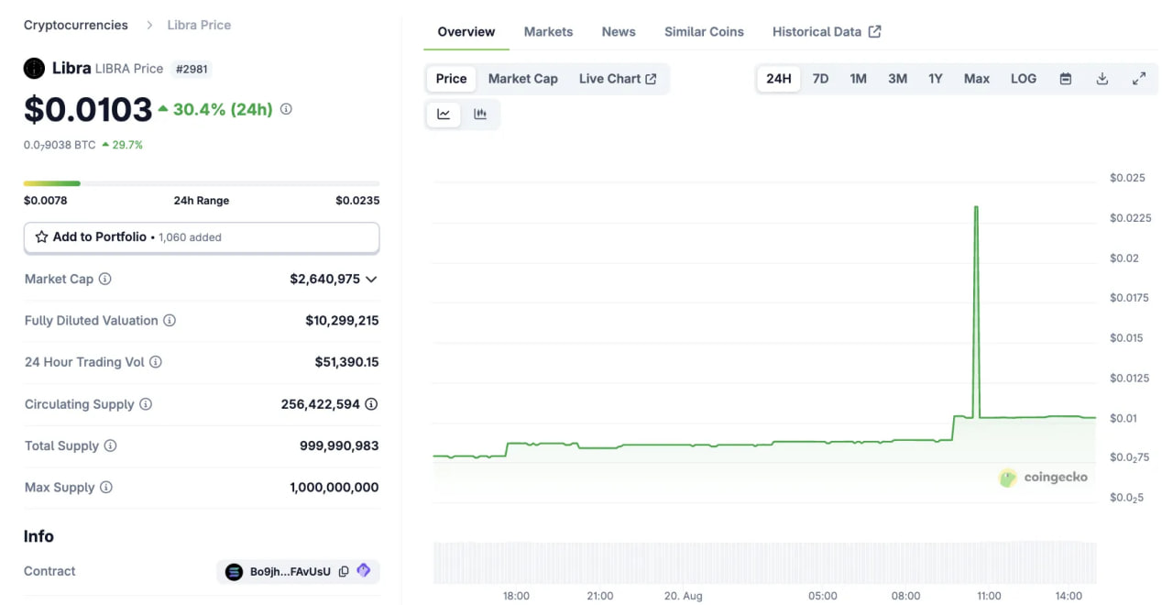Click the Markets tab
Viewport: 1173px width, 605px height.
548,31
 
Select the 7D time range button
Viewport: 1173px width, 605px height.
820,79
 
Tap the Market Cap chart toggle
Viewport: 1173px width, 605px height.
522,79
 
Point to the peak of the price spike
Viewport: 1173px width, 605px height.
976,207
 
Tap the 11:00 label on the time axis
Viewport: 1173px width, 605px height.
989,596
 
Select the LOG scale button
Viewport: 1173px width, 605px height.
1024,79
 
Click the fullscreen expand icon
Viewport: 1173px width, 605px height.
1139,79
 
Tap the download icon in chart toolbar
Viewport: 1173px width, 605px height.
1102,79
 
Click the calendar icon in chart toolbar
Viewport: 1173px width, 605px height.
1066,79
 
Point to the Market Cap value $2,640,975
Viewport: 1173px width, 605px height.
324,279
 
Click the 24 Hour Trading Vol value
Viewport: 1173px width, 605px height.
346,362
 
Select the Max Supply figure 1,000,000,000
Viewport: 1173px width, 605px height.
334,488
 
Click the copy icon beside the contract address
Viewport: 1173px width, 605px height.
344,571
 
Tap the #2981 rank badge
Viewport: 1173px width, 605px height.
192,69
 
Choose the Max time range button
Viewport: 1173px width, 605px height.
977,79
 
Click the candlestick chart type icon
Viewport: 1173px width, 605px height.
480,115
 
